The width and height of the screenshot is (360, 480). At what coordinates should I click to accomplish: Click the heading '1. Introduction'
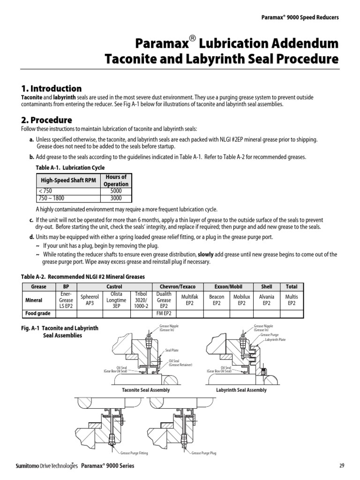51,89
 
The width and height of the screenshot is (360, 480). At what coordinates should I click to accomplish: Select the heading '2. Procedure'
46,120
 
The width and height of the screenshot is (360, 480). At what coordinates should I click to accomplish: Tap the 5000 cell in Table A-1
115,191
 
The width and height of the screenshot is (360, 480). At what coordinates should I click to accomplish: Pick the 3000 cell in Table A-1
115,198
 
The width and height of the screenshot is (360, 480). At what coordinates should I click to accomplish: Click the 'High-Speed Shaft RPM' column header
69,180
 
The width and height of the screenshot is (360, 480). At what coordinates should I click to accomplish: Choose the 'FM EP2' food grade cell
164,314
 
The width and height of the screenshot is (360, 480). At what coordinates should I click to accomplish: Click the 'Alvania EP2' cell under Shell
266,300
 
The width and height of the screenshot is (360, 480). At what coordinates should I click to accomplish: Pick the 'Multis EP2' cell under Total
291,300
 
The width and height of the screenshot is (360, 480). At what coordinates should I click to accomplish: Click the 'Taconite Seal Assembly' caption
146,390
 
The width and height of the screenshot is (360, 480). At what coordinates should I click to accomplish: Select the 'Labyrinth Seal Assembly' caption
241,390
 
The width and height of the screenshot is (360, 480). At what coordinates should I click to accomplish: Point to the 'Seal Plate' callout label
172,350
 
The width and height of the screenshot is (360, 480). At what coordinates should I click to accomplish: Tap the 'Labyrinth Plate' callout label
275,340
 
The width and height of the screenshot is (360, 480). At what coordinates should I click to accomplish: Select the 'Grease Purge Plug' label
204,453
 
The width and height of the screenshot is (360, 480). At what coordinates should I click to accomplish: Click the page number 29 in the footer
341,465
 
